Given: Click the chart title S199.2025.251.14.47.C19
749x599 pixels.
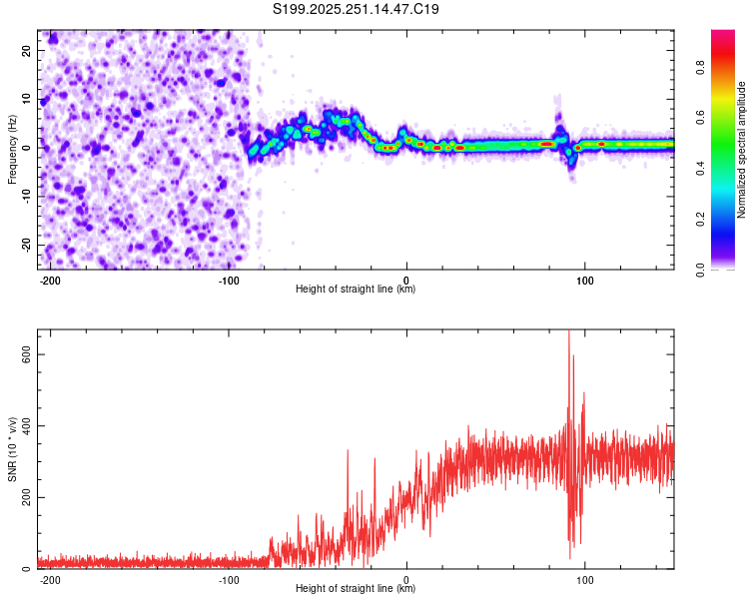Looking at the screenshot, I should pos(357,10).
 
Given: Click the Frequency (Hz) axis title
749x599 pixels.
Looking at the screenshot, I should pos(12,150).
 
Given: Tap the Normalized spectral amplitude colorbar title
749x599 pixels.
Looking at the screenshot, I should pos(742,150).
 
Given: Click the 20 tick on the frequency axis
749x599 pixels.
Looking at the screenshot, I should pos(27,52).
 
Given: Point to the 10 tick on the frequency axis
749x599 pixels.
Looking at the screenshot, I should pos(27,100).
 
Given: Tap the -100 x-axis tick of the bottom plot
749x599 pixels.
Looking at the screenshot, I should pos(228,579).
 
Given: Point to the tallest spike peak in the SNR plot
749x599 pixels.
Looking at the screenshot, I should pos(569,332).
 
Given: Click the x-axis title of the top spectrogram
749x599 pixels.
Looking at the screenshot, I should pos(356,290).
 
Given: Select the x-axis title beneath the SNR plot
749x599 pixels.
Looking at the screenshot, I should pos(356,589).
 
